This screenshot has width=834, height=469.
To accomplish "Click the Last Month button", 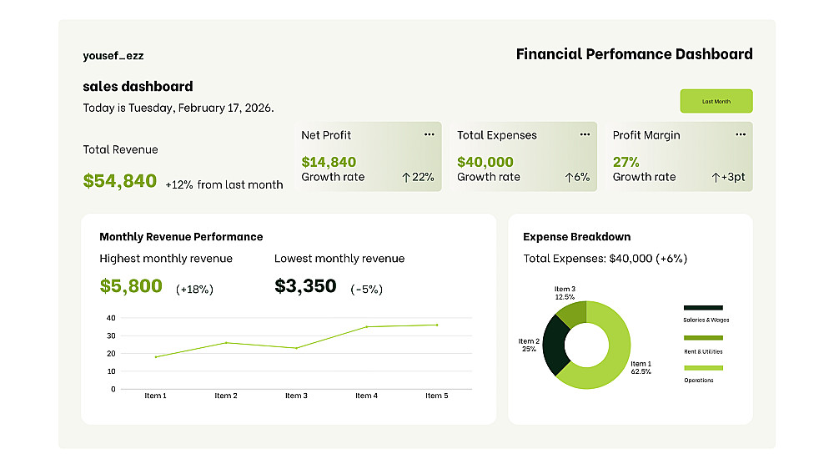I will pyautogui.click(x=716, y=101).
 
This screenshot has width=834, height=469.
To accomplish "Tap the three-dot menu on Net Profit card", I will pyautogui.click(x=429, y=134).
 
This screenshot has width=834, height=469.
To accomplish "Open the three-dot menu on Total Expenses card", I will pyautogui.click(x=585, y=134).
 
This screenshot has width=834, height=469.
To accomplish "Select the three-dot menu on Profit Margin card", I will pyautogui.click(x=740, y=134).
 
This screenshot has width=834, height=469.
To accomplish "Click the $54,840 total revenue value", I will pyautogui.click(x=120, y=180).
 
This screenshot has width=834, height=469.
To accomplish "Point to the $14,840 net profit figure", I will pyautogui.click(x=329, y=162).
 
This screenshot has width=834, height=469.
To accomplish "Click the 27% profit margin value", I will pyautogui.click(x=626, y=162).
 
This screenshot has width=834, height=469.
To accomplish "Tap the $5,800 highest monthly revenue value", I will pyautogui.click(x=131, y=286).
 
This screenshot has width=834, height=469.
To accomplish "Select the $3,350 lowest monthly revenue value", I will pyautogui.click(x=305, y=286).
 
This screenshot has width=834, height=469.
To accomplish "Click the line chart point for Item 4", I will pyautogui.click(x=366, y=326).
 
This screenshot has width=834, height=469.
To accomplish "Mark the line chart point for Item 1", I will pyautogui.click(x=155, y=356).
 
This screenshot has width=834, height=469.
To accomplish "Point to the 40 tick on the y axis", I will pyautogui.click(x=111, y=318).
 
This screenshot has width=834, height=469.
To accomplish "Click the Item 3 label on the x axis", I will pyautogui.click(x=296, y=396).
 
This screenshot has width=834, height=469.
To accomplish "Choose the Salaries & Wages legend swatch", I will pyautogui.click(x=703, y=308).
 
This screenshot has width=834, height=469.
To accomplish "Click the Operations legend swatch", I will pyautogui.click(x=703, y=368).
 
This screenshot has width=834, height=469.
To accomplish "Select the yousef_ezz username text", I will pyautogui.click(x=113, y=56).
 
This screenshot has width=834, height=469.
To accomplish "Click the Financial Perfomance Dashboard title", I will pyautogui.click(x=634, y=54).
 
